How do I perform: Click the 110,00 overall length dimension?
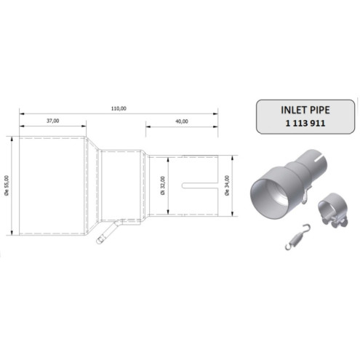point(119,108)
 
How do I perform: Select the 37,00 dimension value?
point(52,121)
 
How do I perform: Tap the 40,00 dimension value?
point(182,121)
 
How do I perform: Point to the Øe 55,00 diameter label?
point(8,186)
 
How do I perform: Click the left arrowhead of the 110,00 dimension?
point(22,113)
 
